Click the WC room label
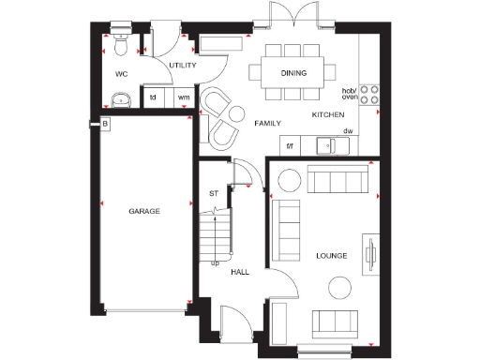[121, 72]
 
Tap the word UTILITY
[182, 65]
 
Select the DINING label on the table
[295, 72]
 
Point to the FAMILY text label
[269, 123]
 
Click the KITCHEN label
[328, 114]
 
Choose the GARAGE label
[144, 212]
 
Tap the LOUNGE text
[332, 255]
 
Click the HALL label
[240, 272]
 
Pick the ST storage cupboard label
[214, 194]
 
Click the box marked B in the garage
[106, 124]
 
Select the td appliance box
[153, 97]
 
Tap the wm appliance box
[183, 97]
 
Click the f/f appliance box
[290, 145]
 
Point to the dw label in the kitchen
[347, 131]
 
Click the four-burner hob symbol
[370, 93]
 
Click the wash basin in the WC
[120, 98]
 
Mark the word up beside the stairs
[215, 262]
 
